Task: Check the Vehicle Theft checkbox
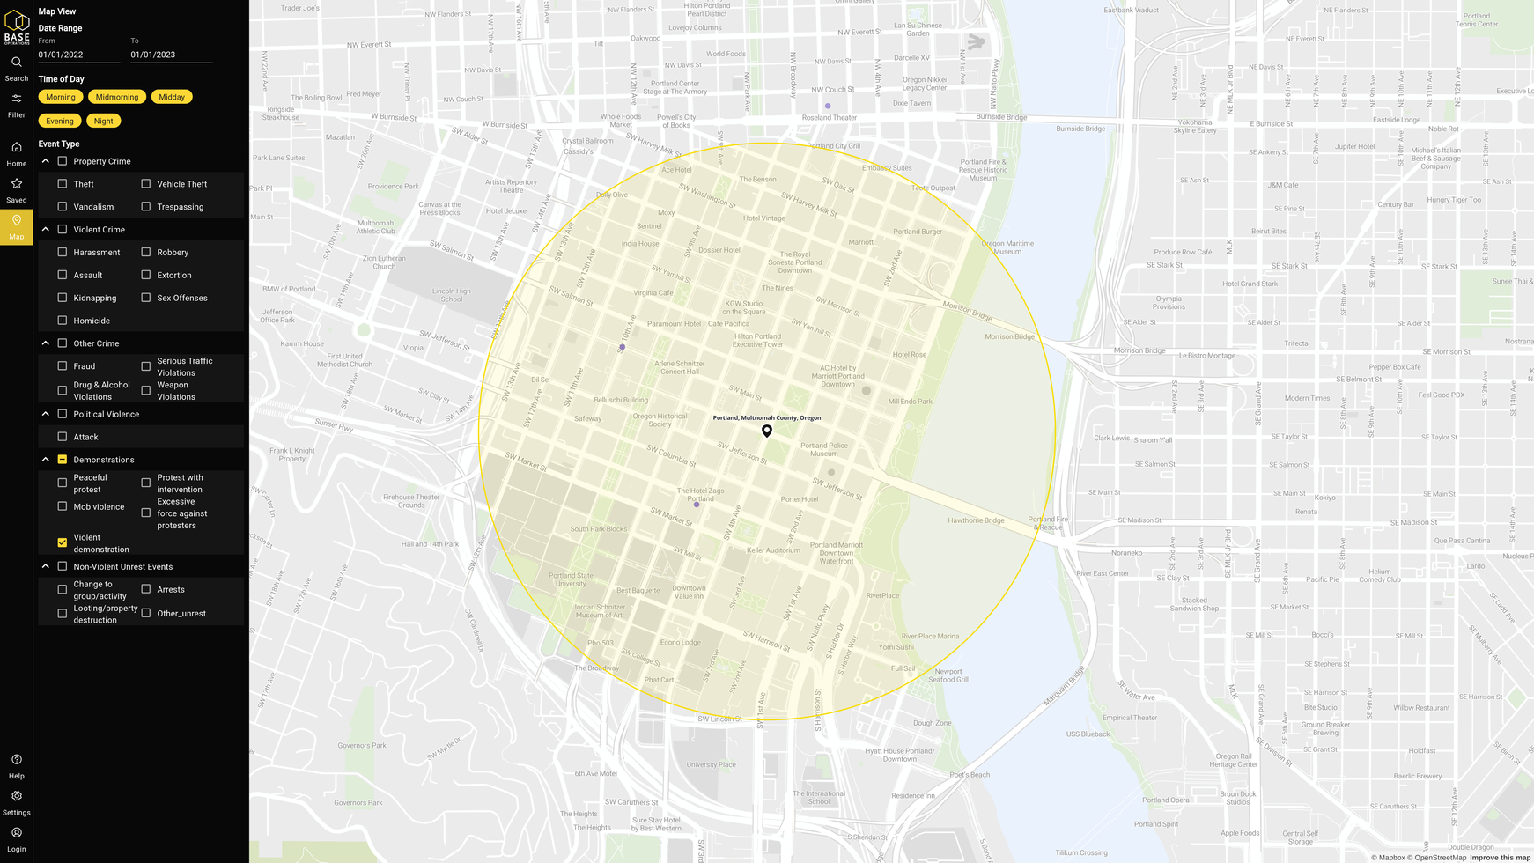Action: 146,184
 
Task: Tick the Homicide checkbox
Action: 63,321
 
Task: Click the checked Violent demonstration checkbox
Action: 63,542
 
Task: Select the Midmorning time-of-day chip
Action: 117,97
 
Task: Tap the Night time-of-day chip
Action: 103,121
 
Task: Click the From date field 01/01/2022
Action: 79,55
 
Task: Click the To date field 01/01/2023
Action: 171,55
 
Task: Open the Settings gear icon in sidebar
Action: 16,796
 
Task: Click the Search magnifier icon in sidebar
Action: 16,63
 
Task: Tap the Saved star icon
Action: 16,184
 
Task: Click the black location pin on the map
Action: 767,431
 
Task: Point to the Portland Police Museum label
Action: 824,449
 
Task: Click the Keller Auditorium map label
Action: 773,550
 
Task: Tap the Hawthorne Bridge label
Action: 976,520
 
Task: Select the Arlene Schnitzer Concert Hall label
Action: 679,367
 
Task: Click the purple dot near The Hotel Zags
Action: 697,505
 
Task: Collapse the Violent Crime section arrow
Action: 46,230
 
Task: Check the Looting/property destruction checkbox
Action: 63,614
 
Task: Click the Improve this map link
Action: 1500,858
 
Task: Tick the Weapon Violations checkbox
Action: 146,390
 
